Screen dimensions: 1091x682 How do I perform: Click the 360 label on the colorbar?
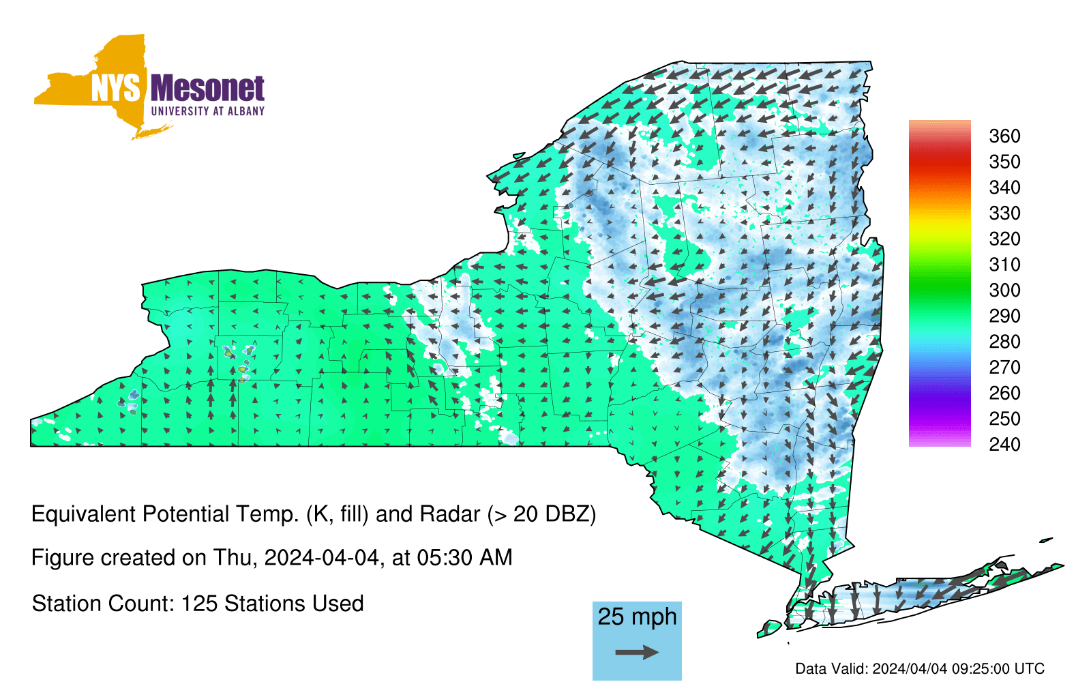click(1005, 136)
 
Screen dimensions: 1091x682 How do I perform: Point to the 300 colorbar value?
click(1005, 291)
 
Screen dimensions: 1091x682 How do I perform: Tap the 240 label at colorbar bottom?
click(1005, 444)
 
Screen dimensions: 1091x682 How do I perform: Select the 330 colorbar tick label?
click(1005, 213)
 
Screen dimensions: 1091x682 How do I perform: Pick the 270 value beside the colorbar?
click(1005, 368)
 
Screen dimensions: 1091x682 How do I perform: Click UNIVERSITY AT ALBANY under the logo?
click(208, 112)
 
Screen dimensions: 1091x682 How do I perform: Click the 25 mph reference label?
click(637, 617)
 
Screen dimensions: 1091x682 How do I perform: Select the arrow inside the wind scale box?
click(637, 652)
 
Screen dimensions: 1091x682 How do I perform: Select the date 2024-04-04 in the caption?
click(321, 558)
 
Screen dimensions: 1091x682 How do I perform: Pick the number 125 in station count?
click(197, 604)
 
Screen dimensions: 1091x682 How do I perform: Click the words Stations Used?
click(293, 604)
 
